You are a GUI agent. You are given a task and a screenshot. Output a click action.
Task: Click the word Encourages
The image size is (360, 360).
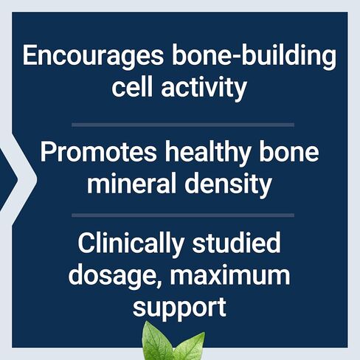click(x=93, y=56)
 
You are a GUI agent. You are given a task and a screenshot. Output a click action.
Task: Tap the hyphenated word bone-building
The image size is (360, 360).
click(x=254, y=55)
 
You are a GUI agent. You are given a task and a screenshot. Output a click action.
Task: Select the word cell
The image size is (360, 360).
click(x=132, y=86)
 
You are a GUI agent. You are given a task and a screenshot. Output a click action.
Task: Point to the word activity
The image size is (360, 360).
click(x=204, y=89)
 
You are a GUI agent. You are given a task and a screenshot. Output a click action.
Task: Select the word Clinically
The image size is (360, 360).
click(x=131, y=244)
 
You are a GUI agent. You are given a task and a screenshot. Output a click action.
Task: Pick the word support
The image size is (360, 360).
click(x=179, y=308)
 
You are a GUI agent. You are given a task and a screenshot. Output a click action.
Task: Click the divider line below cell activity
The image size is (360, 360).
click(x=183, y=125)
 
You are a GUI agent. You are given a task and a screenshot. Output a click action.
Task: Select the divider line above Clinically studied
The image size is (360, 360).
click(x=183, y=215)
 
